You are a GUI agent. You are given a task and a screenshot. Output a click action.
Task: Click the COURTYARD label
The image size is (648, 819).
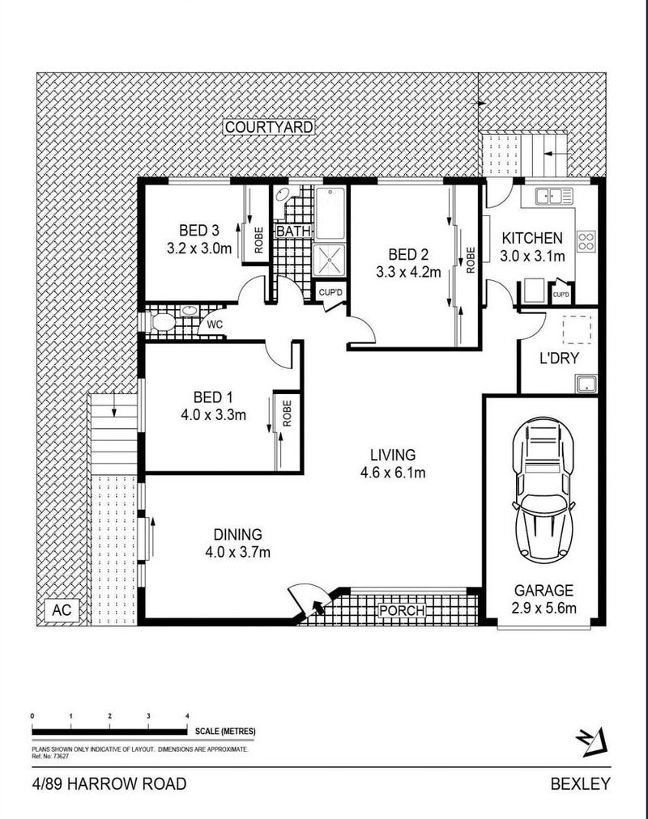258,128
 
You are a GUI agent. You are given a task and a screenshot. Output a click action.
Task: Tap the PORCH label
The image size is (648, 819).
403,610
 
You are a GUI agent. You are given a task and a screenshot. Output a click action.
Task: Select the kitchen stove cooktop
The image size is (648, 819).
586,240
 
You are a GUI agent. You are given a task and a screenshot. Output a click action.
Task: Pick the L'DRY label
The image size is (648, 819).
559,359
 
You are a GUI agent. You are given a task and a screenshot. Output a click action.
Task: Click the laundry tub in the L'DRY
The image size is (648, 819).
586,384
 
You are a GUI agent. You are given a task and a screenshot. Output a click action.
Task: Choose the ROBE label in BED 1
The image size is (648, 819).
287,414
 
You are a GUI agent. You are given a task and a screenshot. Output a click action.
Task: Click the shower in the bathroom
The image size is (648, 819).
330,257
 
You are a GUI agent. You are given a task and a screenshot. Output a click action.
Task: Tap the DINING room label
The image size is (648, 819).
237,534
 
